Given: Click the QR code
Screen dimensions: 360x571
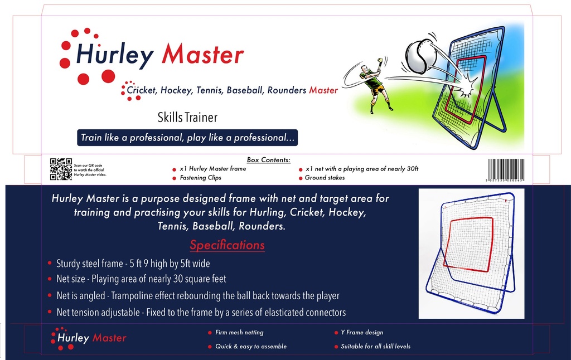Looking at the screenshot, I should coord(61,169).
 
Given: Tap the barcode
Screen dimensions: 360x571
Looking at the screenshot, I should coord(506,169).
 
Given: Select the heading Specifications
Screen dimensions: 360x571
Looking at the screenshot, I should coord(227,245).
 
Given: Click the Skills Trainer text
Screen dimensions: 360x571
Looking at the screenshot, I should coord(187,118).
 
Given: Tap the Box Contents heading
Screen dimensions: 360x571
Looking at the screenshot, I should coord(268,160).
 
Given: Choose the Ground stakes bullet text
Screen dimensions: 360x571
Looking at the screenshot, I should coord(325,178).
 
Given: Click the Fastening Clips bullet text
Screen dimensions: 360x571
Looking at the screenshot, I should coord(200,178).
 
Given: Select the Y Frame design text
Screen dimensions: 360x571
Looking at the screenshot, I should coord(362,333).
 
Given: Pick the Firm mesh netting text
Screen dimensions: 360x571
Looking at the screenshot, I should coord(239,333).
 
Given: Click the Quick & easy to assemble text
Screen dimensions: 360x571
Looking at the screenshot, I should coord(251,347).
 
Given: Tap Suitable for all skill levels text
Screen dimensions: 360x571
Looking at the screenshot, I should coord(375,347).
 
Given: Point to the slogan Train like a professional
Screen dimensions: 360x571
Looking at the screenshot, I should coord(188,138).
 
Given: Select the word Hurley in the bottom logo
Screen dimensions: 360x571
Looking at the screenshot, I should coord(73,338).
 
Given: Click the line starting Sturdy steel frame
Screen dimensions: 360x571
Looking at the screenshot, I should coord(133,264).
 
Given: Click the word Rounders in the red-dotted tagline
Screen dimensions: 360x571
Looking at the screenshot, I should coord(287,90).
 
